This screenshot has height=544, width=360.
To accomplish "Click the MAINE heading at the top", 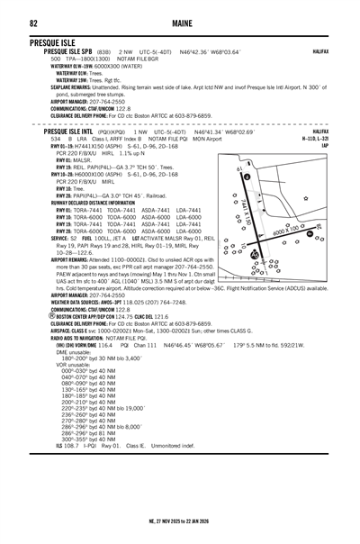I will pos(179,23).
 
